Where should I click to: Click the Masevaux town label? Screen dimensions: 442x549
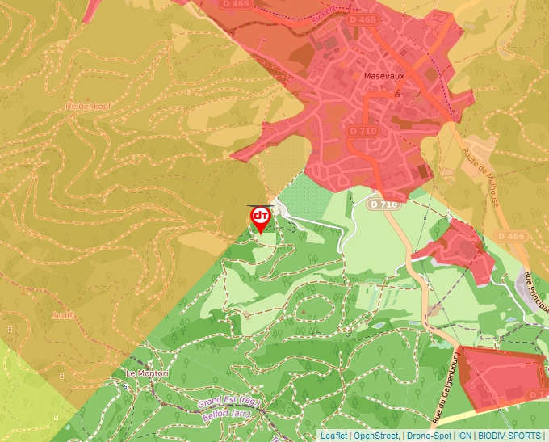(x=383, y=75)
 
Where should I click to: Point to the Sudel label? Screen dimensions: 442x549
(x=63, y=315)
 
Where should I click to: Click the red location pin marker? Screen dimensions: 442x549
(x=261, y=218)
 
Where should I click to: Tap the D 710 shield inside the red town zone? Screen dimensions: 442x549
(x=363, y=130)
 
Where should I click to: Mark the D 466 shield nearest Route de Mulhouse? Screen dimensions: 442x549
(x=511, y=235)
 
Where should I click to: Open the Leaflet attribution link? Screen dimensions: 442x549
(x=333, y=436)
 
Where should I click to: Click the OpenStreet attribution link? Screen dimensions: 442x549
(x=375, y=436)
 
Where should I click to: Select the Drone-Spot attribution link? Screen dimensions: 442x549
(x=429, y=436)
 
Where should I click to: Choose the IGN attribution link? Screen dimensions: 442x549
(x=465, y=436)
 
